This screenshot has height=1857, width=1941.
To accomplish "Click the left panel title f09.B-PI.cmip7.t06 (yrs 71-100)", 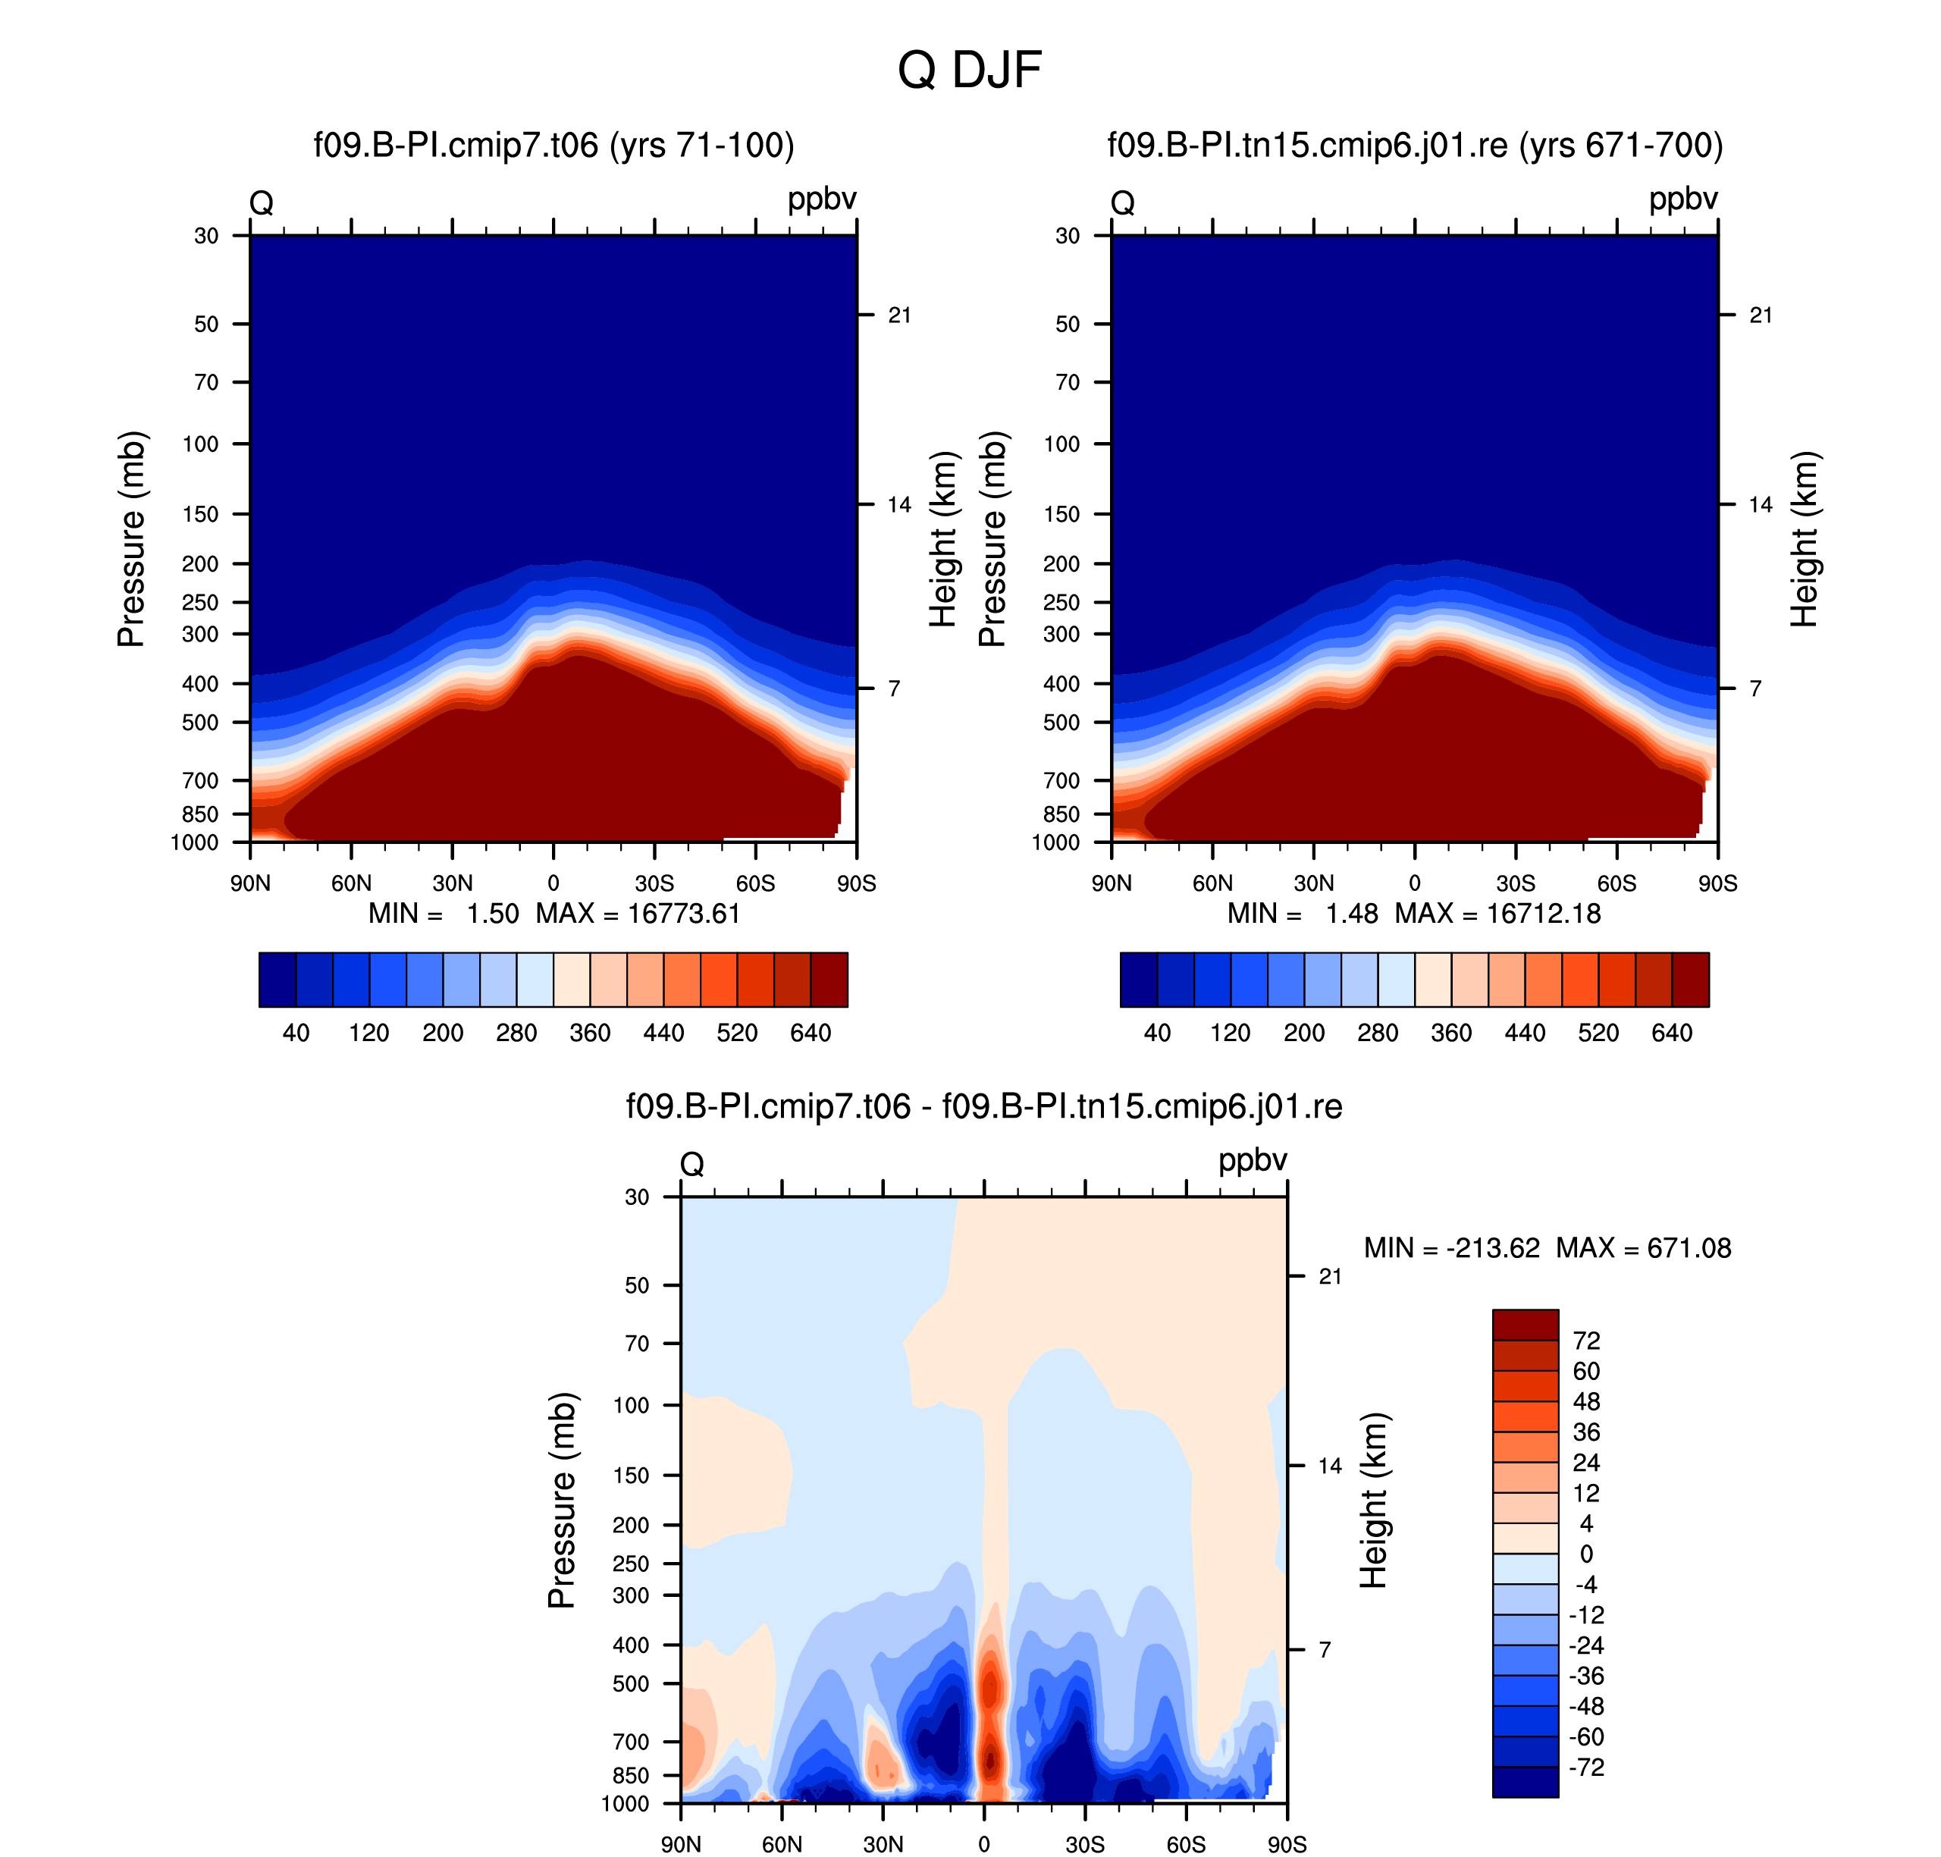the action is click(554, 146).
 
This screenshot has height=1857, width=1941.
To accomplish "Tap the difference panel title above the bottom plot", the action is click(984, 1106).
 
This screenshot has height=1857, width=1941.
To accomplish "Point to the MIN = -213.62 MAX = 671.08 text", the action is click(1547, 1247).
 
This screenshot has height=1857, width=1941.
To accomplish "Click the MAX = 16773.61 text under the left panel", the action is click(638, 913).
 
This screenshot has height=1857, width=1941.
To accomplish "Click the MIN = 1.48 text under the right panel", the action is click(1303, 913).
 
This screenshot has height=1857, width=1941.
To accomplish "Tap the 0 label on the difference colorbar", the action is click(1585, 1554).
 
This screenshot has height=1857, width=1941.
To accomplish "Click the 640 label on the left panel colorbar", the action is click(810, 1033).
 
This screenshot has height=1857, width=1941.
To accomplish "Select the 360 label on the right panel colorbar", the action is click(1451, 1033).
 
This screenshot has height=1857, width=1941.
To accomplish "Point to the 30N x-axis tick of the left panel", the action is click(453, 883).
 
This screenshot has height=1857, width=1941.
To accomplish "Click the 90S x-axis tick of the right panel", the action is click(1717, 883).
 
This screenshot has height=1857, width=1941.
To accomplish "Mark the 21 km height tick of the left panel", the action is click(898, 315).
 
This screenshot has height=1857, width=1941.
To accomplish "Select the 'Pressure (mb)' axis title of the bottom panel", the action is click(561, 1500).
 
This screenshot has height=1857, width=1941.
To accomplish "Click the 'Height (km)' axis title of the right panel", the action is click(1805, 539).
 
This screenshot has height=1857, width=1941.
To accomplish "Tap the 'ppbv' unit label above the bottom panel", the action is click(1252, 1161).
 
